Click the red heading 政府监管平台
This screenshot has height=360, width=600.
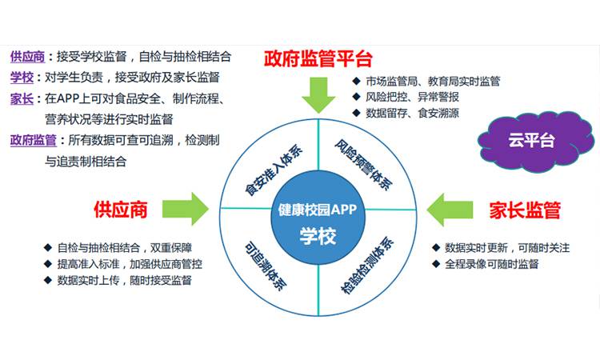pos(318,58)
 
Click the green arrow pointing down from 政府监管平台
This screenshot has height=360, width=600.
pos(318,95)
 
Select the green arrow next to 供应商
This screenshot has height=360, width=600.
pos(186,209)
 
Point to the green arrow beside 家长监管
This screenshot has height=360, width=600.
pos(450,210)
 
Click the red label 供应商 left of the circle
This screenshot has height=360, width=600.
pos(121,210)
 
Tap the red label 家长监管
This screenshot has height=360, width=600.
pos(525,210)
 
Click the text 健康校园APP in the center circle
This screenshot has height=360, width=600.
pos(318,210)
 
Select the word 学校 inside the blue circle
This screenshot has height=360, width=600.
pos(318,236)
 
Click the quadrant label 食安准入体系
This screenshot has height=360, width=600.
pos(274,170)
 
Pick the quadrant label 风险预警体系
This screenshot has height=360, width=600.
pos(363,165)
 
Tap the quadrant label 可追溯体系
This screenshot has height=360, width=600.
pos(266,266)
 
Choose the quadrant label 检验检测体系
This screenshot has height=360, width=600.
pos(367,266)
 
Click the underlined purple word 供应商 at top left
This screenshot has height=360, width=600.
pos(27,57)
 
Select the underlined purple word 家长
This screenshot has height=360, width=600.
pos(22,98)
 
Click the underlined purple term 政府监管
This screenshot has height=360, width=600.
pos(34,141)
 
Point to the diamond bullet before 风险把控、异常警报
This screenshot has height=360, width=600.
pos(356,97)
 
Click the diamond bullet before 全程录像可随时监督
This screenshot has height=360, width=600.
pos(436,263)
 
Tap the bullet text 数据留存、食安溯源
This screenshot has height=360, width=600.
pos(412,114)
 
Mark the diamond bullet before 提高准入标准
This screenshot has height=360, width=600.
pos(48,263)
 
